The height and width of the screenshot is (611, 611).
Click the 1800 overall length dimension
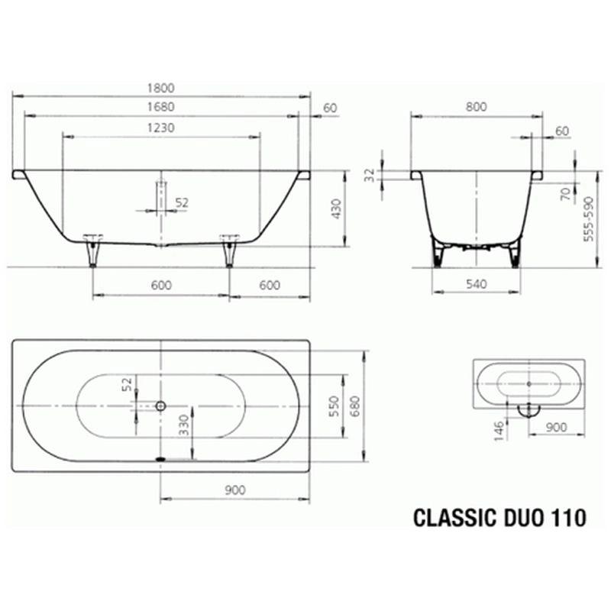(x=160, y=88)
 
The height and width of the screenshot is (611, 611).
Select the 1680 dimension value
(x=160, y=107)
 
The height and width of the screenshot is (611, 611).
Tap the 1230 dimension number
(x=160, y=128)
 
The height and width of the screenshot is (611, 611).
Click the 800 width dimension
(x=476, y=107)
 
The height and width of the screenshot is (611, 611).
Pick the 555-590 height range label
(x=588, y=219)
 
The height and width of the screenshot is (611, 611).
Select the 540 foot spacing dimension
(x=476, y=284)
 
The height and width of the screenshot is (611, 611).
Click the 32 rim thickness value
(x=370, y=175)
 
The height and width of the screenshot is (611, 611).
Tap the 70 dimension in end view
(x=565, y=193)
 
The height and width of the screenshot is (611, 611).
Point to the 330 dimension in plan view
(x=183, y=425)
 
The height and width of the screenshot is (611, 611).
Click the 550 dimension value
(x=334, y=406)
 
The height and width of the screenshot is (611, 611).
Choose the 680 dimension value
(x=354, y=406)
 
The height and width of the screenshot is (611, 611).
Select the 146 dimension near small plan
(x=499, y=431)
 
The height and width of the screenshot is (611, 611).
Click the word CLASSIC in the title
(x=454, y=518)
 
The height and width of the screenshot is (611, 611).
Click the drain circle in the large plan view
(x=160, y=406)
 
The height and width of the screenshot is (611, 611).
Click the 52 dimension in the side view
(x=182, y=202)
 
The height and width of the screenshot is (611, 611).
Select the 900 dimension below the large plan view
(x=235, y=490)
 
